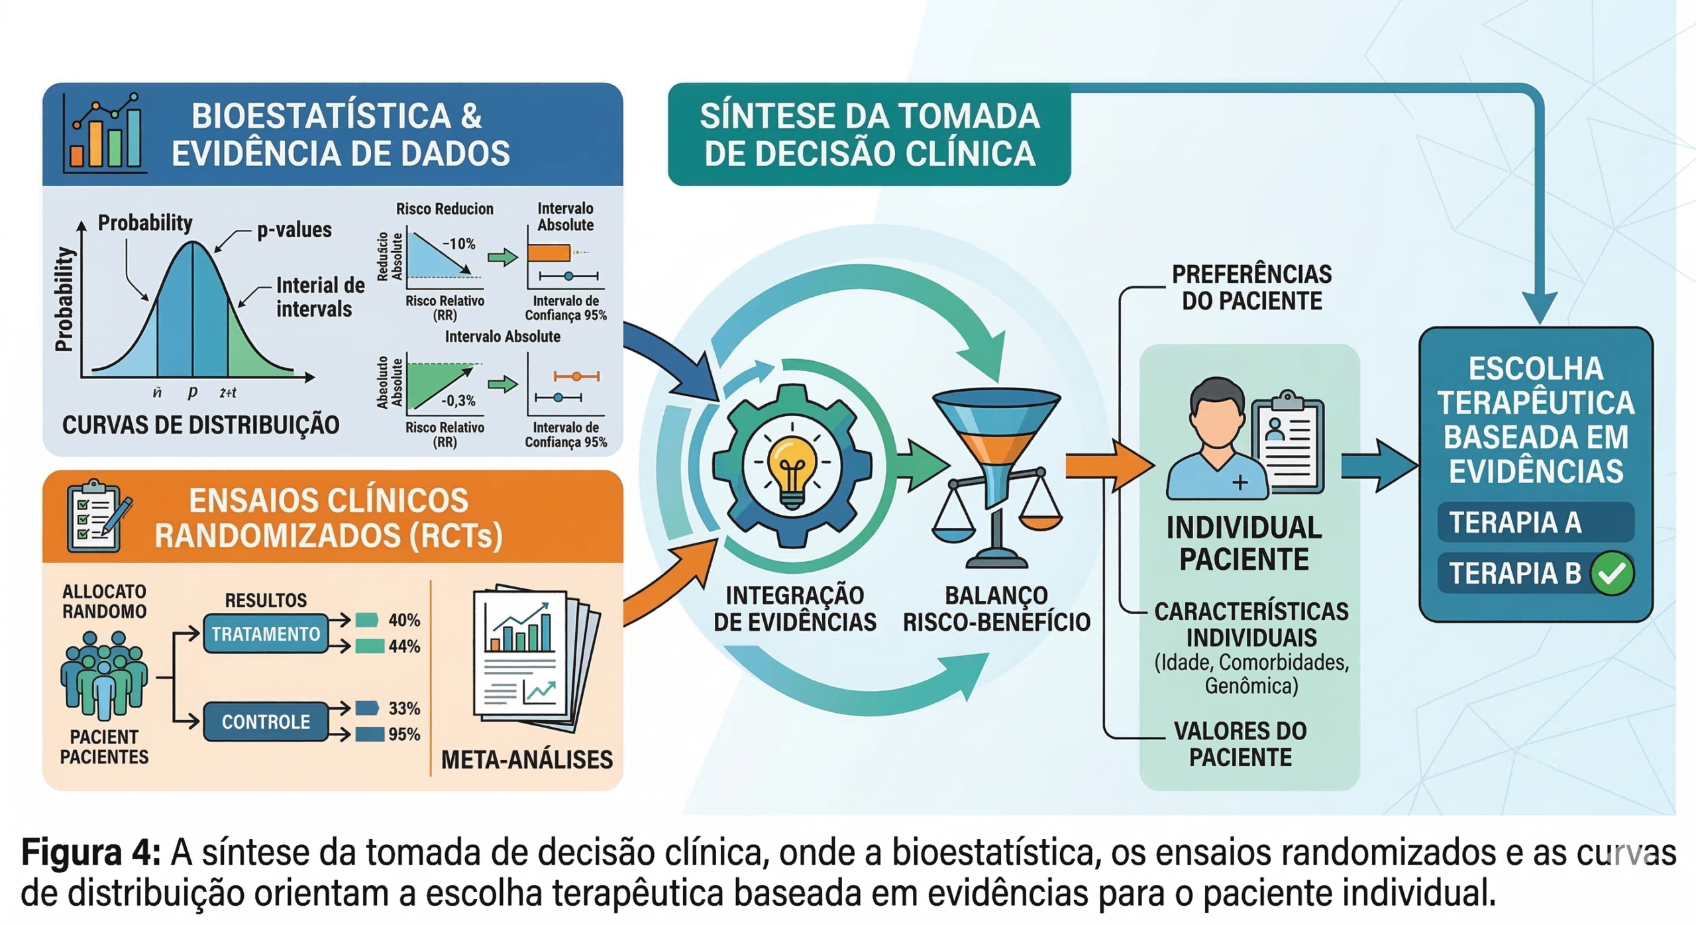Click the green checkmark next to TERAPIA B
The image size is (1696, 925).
pos(1611,573)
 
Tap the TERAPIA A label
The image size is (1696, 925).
pos(1515,522)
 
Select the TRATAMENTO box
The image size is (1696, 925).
pos(266,634)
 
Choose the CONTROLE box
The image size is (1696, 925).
pos(266,722)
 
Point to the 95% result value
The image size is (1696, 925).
pos(404,734)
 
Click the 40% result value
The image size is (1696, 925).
pos(404,620)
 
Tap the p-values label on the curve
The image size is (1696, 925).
pos(294,230)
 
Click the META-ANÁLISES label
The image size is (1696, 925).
pos(527,759)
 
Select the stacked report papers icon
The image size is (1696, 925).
pos(534,656)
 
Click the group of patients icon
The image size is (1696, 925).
pos(104,676)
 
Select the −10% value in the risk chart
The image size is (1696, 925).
pos(458,244)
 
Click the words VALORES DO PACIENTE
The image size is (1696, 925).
pos(1240,743)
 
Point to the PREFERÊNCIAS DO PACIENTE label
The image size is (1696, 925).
pos(1251,287)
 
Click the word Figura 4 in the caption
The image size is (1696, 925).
pos(91,852)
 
